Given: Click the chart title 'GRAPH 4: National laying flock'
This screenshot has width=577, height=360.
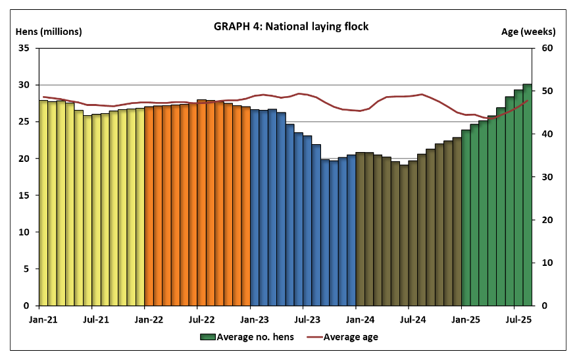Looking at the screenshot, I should pos(291,27).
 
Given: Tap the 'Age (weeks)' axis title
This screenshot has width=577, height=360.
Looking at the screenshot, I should pos(528,32).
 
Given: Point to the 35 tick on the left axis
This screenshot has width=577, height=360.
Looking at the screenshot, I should pos(24,48).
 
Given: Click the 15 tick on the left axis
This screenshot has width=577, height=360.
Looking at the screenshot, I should pos(24,195).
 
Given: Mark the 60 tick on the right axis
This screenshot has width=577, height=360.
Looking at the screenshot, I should pos(547,48).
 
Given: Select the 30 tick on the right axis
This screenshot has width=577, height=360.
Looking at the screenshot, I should pos(547,177).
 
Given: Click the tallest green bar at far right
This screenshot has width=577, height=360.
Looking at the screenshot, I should pos(528,195).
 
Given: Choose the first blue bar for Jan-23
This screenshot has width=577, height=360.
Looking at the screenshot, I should pos(255,207).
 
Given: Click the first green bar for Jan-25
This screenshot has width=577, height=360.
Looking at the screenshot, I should pos(466,217).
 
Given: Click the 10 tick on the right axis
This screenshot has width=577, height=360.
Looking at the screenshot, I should pos(547,263).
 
